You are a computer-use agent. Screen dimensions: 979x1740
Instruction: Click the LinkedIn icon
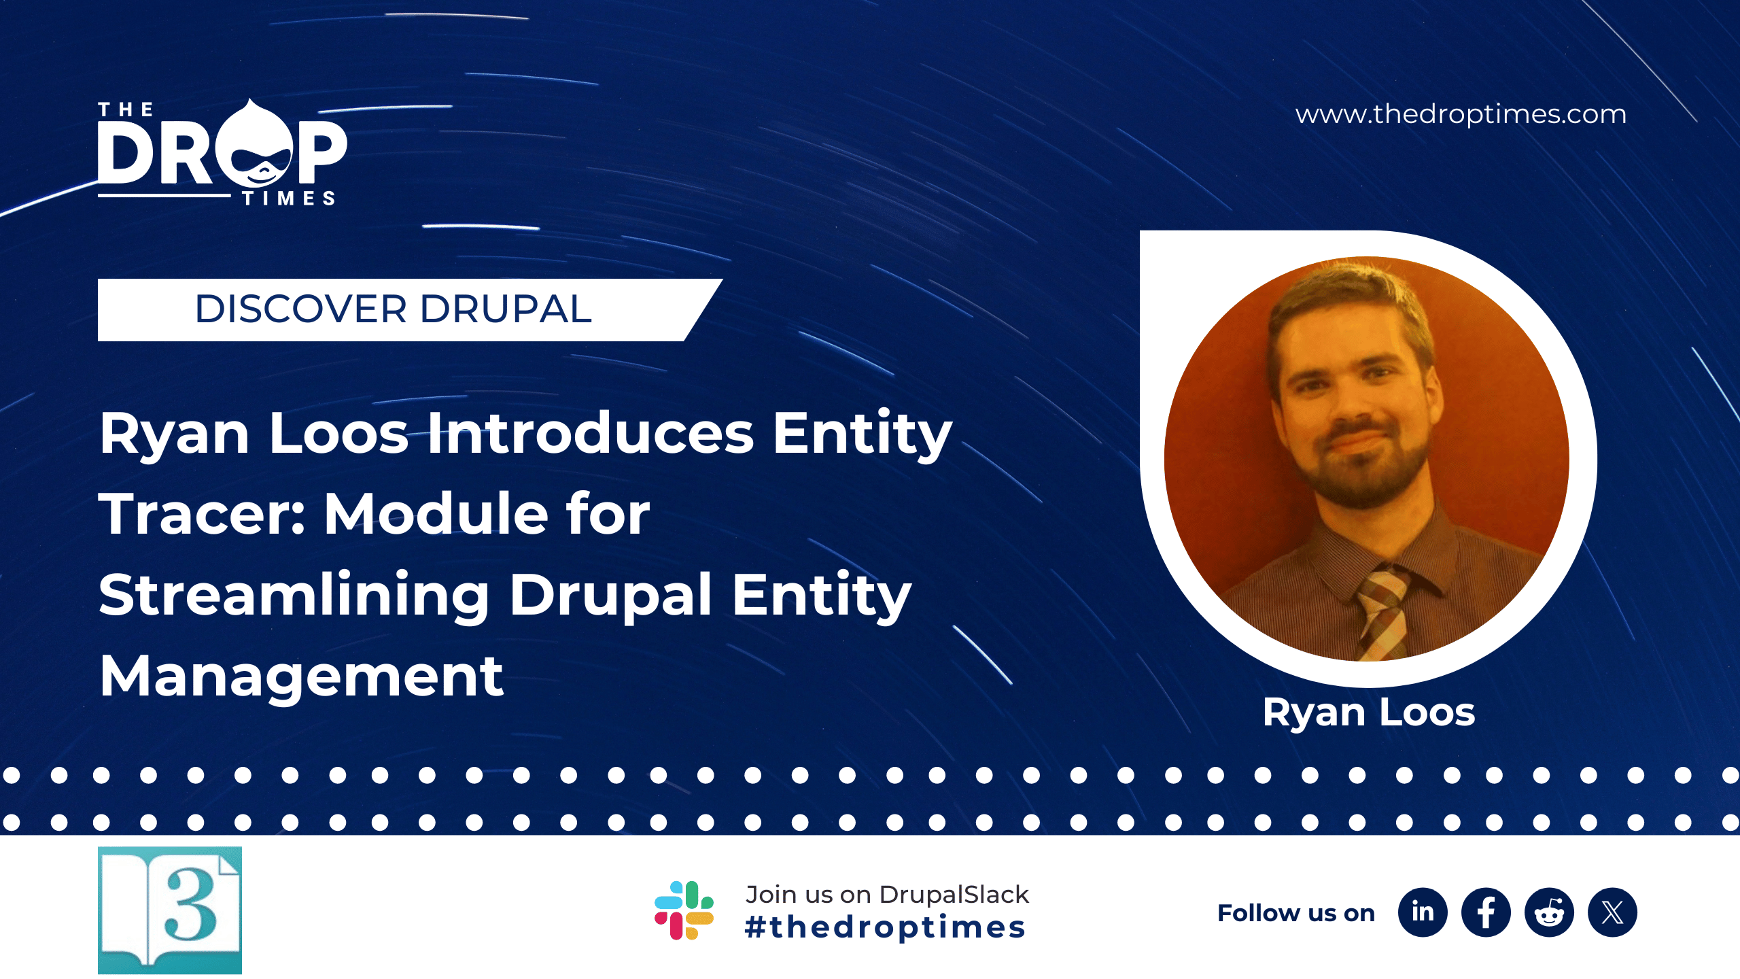point(1422,912)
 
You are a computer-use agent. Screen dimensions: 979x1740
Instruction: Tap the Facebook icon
point(1486,912)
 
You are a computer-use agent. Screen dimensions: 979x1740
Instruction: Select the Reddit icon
point(1549,912)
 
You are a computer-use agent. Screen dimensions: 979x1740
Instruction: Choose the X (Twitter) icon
point(1612,912)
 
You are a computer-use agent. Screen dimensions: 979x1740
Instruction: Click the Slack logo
point(684,910)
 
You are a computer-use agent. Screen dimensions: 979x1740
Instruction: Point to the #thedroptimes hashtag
point(885,928)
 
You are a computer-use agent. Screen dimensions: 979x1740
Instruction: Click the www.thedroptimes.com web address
point(1461,114)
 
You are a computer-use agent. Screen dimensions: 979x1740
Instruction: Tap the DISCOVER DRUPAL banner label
point(393,309)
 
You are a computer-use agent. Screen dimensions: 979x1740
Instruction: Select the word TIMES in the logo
point(289,199)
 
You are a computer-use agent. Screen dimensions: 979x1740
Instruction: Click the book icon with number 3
point(170,910)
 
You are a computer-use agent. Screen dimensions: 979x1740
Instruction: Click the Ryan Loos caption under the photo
point(1368,712)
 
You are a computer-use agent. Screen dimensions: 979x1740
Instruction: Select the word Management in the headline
point(301,676)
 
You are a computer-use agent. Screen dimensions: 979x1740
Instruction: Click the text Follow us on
point(1295,913)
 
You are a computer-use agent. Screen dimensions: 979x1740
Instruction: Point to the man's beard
point(1359,476)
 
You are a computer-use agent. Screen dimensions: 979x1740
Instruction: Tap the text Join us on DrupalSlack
point(887,895)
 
